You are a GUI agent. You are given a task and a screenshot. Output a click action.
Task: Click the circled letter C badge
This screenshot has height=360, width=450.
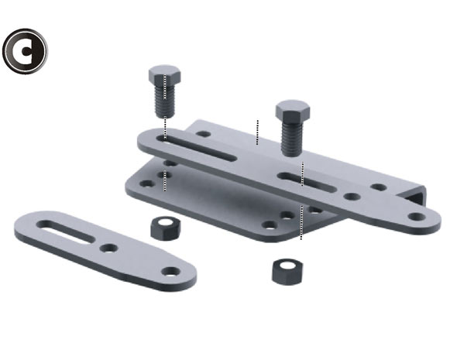click(25, 51)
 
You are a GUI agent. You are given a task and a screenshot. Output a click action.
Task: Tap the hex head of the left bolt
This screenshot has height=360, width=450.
click(165, 75)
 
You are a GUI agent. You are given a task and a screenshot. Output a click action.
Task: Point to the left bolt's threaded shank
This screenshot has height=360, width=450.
click(165, 101)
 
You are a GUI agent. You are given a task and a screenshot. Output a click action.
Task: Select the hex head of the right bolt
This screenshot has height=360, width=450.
click(293, 111)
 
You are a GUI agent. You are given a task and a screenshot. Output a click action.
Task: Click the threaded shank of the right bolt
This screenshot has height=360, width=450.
click(292, 138)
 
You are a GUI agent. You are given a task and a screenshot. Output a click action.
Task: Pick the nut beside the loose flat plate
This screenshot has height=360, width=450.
click(166, 228)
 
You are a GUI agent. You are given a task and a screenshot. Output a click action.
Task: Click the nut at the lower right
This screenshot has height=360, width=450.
click(287, 272)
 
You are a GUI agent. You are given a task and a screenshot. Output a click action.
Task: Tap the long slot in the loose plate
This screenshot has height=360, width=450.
click(66, 232)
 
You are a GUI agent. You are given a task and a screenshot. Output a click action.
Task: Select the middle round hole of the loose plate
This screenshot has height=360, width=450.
click(108, 248)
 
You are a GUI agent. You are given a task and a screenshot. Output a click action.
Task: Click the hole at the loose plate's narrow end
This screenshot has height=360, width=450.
click(170, 272)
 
